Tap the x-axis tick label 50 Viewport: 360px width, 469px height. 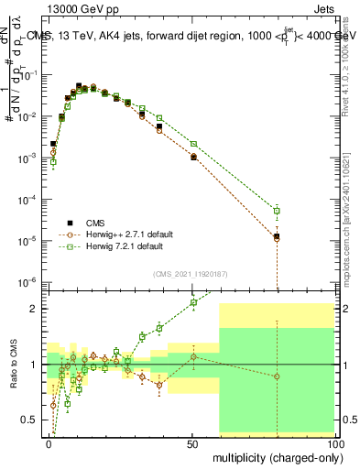pos(192,442)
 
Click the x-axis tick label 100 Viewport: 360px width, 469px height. pos(333,442)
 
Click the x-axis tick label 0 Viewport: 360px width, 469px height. pos(49,442)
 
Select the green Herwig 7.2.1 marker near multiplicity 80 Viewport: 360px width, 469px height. pos(278,212)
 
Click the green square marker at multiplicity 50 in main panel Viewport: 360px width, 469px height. pos(193,144)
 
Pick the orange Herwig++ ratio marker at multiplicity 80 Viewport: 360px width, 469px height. pos(278,376)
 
